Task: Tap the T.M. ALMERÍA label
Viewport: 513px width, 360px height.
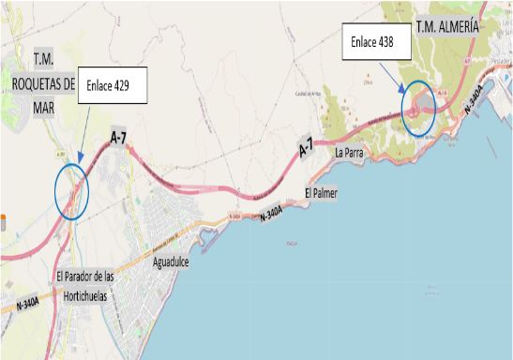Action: point(447,27)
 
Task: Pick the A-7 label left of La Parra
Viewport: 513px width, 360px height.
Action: point(306,148)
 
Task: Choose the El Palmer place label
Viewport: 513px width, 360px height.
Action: point(320,193)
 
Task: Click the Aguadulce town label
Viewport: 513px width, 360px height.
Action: point(171,262)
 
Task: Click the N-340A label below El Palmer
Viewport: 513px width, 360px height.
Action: point(269,215)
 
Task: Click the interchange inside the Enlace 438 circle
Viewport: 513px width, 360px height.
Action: point(418,106)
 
